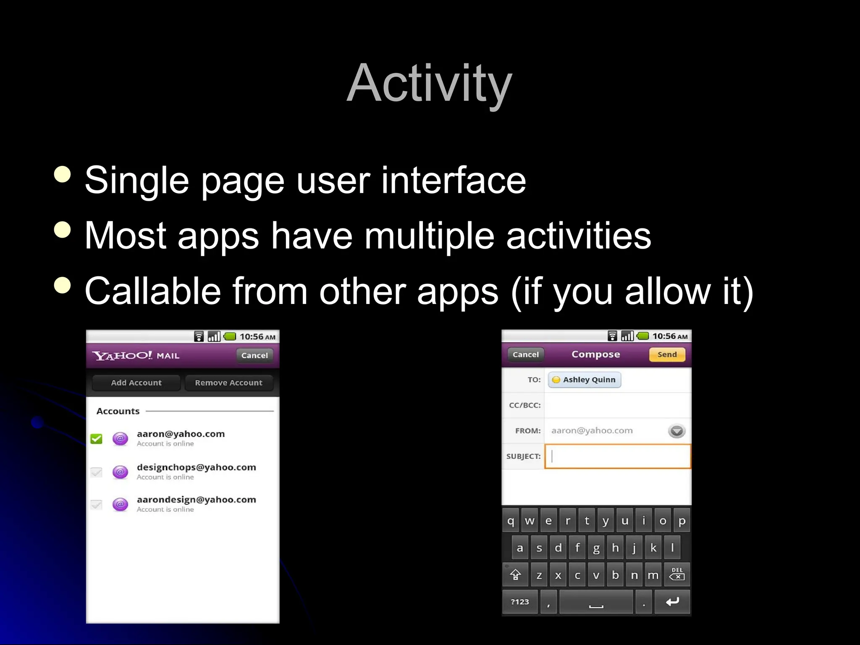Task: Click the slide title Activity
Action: click(429, 83)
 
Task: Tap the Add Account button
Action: click(136, 383)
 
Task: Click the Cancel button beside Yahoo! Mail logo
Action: click(254, 355)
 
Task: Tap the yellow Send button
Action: click(667, 354)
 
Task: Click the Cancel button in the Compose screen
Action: click(525, 354)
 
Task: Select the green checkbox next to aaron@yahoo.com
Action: click(97, 439)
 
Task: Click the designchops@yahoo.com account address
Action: click(196, 467)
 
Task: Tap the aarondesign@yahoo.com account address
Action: click(196, 500)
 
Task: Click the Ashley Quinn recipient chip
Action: click(585, 380)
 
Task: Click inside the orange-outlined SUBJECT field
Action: click(617, 456)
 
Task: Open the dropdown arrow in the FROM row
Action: click(676, 431)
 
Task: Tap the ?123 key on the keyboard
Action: click(519, 602)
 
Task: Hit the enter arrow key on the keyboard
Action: click(672, 602)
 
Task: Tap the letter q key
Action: click(511, 521)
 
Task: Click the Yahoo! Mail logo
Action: click(136, 356)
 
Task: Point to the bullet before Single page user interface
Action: click(63, 174)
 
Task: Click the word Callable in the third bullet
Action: click(153, 291)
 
